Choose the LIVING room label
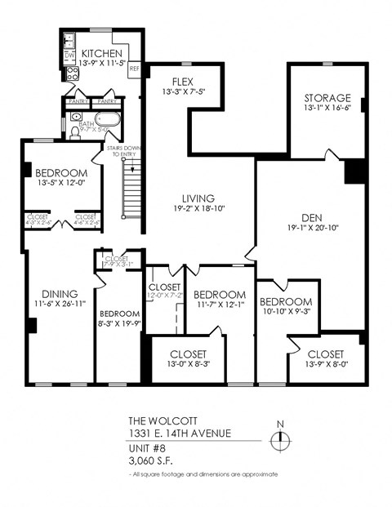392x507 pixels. coord(198,198)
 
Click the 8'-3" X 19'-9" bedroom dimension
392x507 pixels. coord(119,323)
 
